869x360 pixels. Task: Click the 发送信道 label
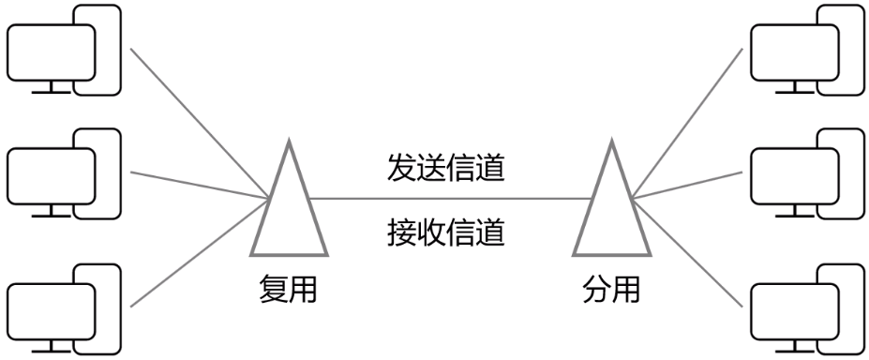(x=446, y=169)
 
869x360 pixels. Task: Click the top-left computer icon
(x=64, y=51)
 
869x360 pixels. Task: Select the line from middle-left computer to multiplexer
(x=197, y=184)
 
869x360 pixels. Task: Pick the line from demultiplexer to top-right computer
(x=689, y=122)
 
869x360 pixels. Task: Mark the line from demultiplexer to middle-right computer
(x=689, y=185)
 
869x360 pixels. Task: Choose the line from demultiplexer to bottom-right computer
(x=689, y=251)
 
